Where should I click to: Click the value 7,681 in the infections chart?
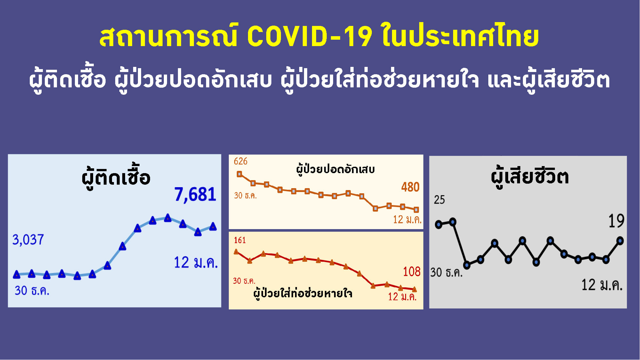(x=195, y=195)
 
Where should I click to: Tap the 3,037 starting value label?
(x=28, y=240)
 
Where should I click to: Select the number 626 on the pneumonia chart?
(x=241, y=161)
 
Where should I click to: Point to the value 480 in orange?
(x=410, y=187)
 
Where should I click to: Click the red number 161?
(x=240, y=240)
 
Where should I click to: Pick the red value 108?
(x=412, y=272)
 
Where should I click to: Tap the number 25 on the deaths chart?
(x=439, y=200)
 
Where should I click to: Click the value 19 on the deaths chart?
(x=616, y=221)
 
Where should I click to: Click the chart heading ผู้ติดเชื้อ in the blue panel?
(x=116, y=177)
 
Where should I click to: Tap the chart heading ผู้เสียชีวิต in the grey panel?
(x=530, y=176)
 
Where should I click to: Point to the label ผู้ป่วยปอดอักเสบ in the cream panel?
(x=335, y=169)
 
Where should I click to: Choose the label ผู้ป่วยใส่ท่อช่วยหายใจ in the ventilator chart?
(x=303, y=293)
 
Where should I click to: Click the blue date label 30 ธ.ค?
(x=32, y=291)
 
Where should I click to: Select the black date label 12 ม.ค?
(x=602, y=285)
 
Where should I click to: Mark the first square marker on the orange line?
(x=239, y=174)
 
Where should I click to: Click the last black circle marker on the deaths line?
(x=620, y=241)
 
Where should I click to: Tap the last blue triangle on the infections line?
(x=213, y=227)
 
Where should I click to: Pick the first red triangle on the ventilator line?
(x=236, y=252)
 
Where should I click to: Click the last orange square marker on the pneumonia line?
(x=416, y=210)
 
